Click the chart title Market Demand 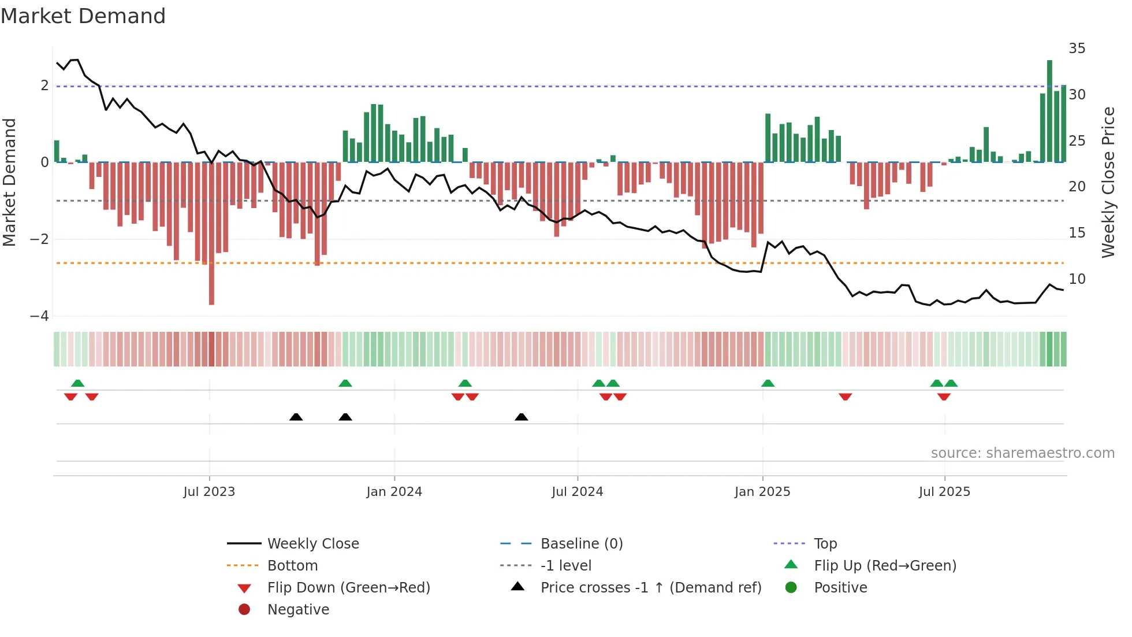(x=83, y=16)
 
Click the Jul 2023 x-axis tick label (x=209, y=492)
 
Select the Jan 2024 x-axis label (x=394, y=492)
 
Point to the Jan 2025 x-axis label (x=762, y=492)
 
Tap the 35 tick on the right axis (x=1077, y=49)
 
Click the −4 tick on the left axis (x=39, y=316)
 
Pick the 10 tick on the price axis (x=1077, y=279)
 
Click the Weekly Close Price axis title (x=1108, y=182)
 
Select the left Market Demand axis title (x=10, y=182)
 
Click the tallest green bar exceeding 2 (x=1049, y=110)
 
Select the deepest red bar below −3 (x=211, y=234)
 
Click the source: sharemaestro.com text (x=1022, y=453)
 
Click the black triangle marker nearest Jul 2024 (x=521, y=417)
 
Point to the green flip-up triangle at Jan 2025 (x=768, y=383)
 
